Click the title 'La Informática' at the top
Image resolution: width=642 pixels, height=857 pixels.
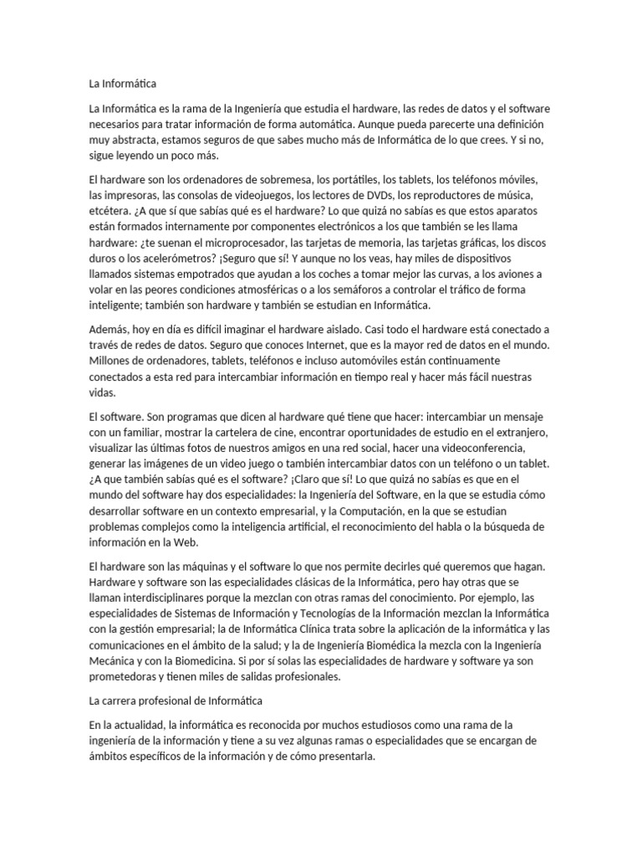(x=122, y=84)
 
